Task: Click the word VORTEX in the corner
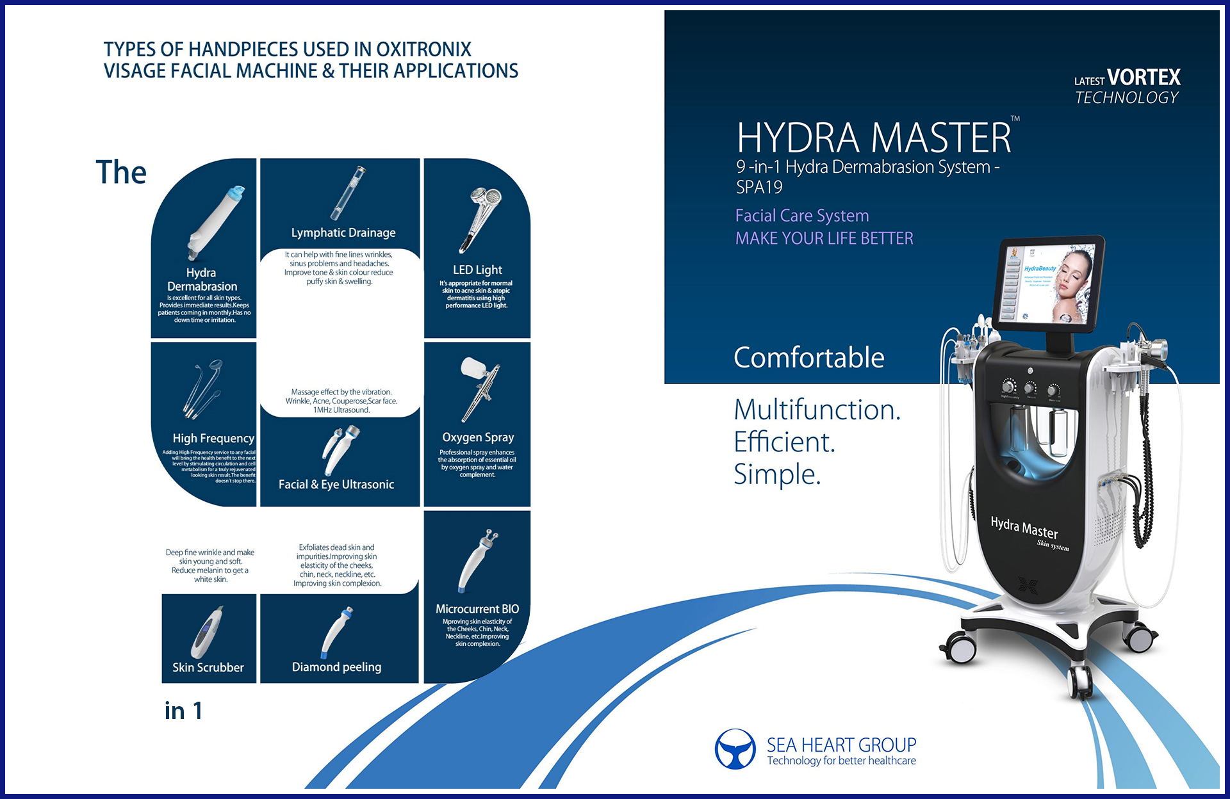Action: click(x=1144, y=77)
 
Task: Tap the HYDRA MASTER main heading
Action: click(x=874, y=138)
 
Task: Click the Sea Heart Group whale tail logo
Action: click(x=735, y=749)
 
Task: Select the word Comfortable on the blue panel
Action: click(x=808, y=357)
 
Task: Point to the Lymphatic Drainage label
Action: click(x=343, y=232)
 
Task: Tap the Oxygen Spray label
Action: click(x=478, y=437)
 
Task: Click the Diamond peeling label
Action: click(x=336, y=667)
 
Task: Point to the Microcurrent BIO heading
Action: click(x=477, y=609)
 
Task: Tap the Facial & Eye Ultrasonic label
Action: click(x=336, y=485)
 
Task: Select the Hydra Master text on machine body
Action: click(x=1024, y=527)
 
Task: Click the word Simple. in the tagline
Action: click(x=777, y=474)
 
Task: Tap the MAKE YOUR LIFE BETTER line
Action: click(x=824, y=238)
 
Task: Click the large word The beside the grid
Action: click(x=121, y=172)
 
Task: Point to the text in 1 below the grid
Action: click(x=184, y=711)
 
